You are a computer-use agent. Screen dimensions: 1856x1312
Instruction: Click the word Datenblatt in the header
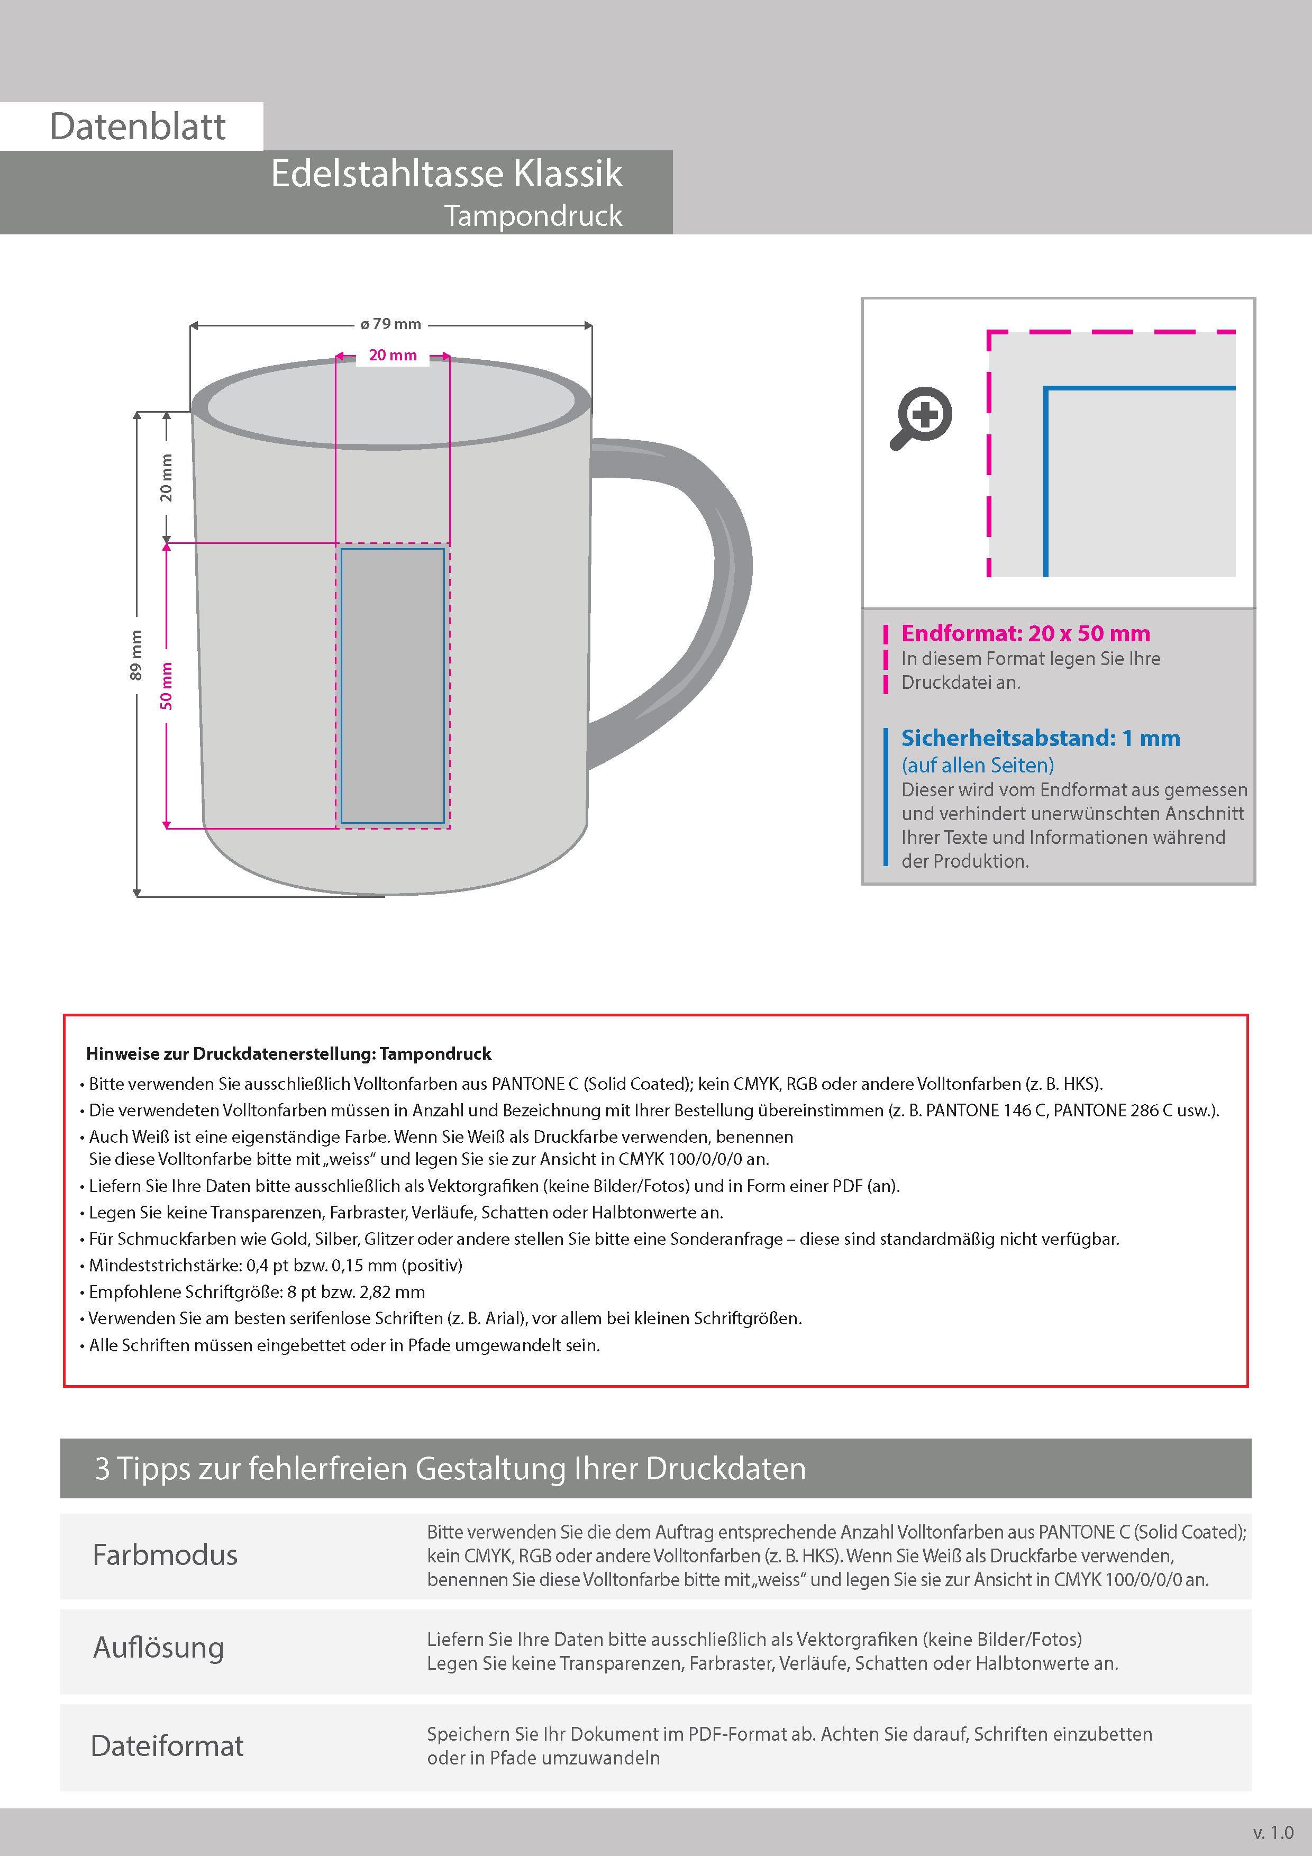point(138,127)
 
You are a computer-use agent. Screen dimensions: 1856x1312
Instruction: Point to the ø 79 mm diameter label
point(391,324)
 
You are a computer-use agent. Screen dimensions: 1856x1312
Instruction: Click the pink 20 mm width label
point(393,356)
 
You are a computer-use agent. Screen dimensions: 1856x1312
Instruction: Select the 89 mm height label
point(136,655)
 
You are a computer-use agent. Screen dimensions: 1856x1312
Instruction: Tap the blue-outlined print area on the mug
point(393,686)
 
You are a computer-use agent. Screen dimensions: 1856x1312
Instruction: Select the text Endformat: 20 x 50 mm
point(1025,634)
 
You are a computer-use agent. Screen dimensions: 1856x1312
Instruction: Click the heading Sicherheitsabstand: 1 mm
point(1041,738)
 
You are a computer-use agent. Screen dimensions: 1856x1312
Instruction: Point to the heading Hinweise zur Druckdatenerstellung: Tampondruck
point(289,1054)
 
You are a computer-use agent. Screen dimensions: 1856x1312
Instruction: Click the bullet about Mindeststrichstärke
point(275,1265)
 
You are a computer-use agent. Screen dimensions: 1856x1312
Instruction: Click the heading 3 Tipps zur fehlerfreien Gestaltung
point(450,1468)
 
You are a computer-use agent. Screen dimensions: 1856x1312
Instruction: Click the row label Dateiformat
point(167,1746)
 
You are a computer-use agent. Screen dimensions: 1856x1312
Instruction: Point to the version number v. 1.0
point(1273,1833)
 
